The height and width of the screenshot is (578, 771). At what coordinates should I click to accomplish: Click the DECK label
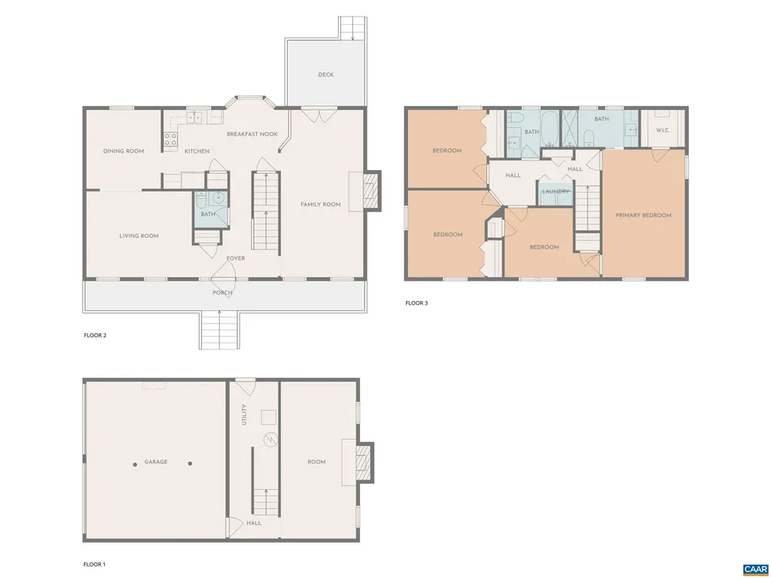tap(325, 75)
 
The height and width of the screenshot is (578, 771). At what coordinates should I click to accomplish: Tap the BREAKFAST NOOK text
tap(252, 134)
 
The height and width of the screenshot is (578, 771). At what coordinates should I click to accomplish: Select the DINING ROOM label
tap(123, 151)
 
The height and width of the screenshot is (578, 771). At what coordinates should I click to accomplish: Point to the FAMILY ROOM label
tap(321, 205)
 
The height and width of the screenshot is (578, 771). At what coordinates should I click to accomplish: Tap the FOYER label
tap(236, 258)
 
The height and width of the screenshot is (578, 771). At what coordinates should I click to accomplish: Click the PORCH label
tap(222, 293)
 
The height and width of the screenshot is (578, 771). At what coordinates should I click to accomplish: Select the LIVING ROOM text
tap(139, 236)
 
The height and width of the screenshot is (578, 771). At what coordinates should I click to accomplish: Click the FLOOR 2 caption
tap(95, 336)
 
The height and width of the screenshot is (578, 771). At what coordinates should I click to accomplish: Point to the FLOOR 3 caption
tap(416, 303)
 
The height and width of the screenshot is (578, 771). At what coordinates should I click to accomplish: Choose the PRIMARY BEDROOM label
tap(643, 215)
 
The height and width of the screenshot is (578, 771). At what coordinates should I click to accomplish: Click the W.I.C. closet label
tap(663, 130)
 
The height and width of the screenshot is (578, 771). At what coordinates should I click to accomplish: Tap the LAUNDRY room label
tap(556, 191)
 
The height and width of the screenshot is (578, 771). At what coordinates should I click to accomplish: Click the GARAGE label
tap(156, 462)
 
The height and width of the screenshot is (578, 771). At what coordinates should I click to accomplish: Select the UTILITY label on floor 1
tap(244, 415)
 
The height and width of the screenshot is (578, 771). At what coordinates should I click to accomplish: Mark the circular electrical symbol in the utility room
tap(270, 440)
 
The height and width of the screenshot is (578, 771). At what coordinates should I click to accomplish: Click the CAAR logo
tap(754, 569)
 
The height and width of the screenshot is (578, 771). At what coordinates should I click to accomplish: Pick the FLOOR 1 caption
tap(94, 564)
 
